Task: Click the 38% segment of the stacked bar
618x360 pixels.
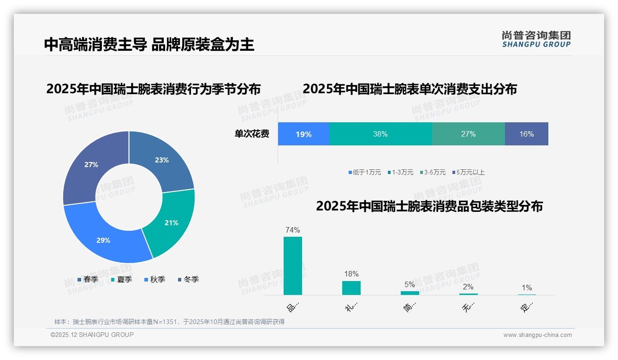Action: [380, 134]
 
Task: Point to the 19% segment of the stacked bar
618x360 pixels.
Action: [303, 134]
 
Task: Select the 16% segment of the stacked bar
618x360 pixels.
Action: [526, 134]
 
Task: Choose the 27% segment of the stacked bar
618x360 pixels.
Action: [468, 134]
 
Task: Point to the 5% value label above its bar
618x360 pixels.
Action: [410, 284]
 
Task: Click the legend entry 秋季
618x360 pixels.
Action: [155, 279]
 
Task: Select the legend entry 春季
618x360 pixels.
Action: [88, 279]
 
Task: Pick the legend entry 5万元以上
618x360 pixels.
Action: [468, 172]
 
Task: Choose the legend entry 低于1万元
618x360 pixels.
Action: [365, 172]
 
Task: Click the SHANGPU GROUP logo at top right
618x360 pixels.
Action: [536, 39]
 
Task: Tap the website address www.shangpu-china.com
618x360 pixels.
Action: [537, 335]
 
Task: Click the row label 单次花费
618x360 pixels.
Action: [252, 134]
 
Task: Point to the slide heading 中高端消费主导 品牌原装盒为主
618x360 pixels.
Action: [149, 44]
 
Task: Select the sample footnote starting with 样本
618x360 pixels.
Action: [169, 322]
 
